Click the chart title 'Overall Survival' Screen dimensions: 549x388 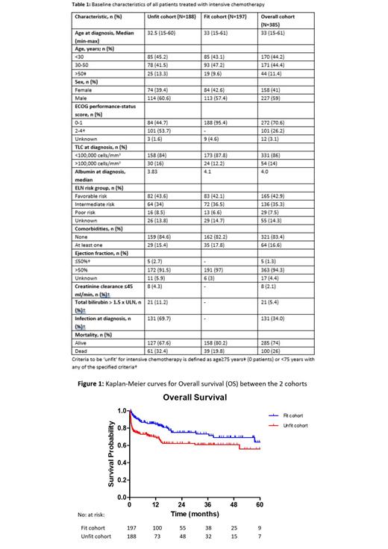pyautogui.click(x=194, y=398)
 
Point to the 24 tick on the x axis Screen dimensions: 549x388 pyautogui.click(x=181, y=503)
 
